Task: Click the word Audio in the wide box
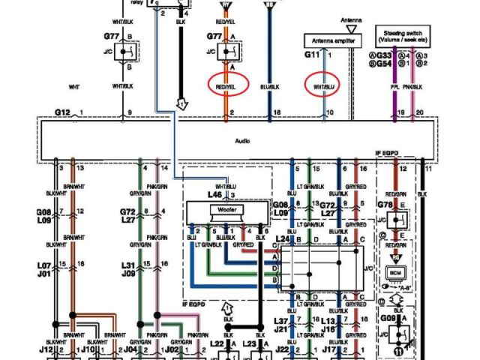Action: pyautogui.click(x=241, y=140)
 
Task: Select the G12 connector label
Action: pyautogui.click(x=61, y=112)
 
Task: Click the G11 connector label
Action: pyautogui.click(x=311, y=55)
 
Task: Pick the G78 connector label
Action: pyautogui.click(x=385, y=204)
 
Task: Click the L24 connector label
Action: pyautogui.click(x=282, y=239)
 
